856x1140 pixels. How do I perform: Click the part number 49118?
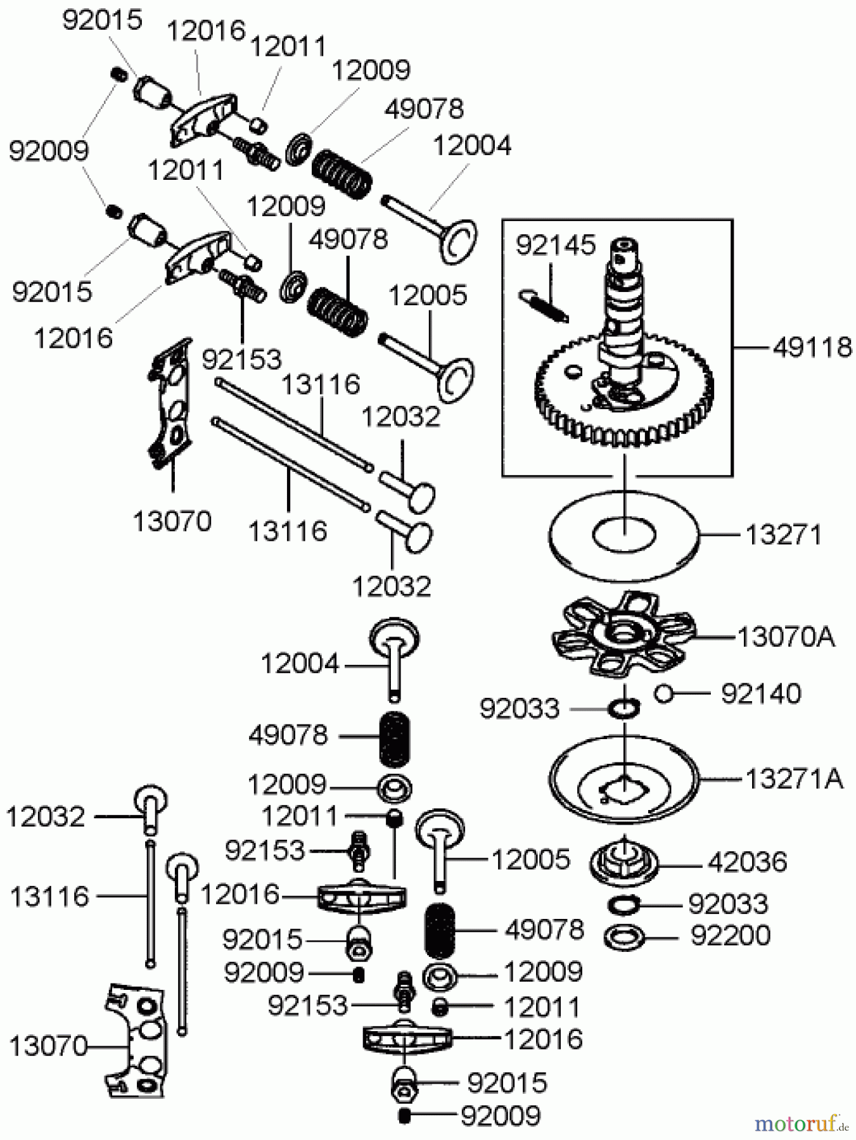tap(812, 348)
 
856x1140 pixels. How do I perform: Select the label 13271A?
tap(794, 779)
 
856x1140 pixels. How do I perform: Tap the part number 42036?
tap(748, 862)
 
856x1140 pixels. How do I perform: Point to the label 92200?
tap(730, 935)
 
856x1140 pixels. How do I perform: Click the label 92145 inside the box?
tap(555, 245)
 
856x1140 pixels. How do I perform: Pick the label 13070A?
tap(786, 636)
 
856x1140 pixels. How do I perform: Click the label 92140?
tap(761, 694)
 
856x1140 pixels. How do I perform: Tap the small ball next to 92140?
tap(663, 693)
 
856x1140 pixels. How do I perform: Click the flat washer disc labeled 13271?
tap(624, 535)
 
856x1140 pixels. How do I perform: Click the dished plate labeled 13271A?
tap(624, 779)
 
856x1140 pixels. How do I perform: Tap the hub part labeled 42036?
tap(624, 861)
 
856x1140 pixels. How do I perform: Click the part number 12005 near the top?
tap(427, 296)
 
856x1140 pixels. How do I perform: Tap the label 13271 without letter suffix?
tap(783, 535)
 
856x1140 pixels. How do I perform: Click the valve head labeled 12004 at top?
tap(459, 241)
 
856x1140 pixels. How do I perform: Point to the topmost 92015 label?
tap(102, 20)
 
